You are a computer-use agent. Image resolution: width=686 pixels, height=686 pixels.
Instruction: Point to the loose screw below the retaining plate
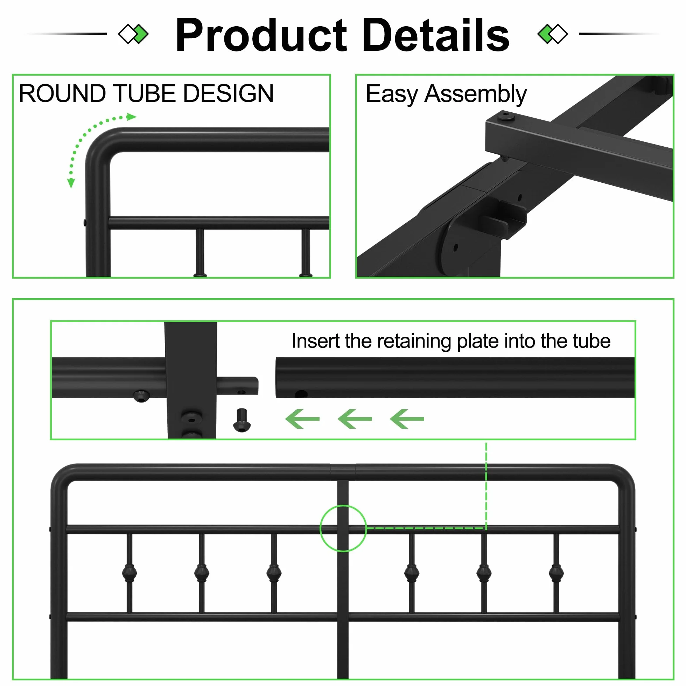pos(242,420)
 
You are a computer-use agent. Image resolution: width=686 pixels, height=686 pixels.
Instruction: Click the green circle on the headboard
pos(343,528)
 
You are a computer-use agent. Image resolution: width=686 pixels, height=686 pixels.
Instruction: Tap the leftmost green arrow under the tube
pos(302,419)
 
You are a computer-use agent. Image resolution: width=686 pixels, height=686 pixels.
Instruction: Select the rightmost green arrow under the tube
pos(407,419)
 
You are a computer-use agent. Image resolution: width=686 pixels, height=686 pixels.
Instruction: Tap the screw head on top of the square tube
pos(506,116)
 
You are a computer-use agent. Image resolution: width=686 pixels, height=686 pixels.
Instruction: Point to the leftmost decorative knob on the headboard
pos(129,572)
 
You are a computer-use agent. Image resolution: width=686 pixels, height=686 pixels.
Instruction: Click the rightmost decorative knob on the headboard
pos(556,572)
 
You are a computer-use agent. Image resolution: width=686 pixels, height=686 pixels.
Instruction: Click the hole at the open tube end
pos(301,394)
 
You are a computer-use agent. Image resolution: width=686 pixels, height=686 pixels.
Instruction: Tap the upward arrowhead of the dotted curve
pos(131,117)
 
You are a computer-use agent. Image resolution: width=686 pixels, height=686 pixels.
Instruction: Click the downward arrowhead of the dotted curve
pos(71,183)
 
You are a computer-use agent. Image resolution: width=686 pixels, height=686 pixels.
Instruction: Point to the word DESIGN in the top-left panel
pos(228,93)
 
